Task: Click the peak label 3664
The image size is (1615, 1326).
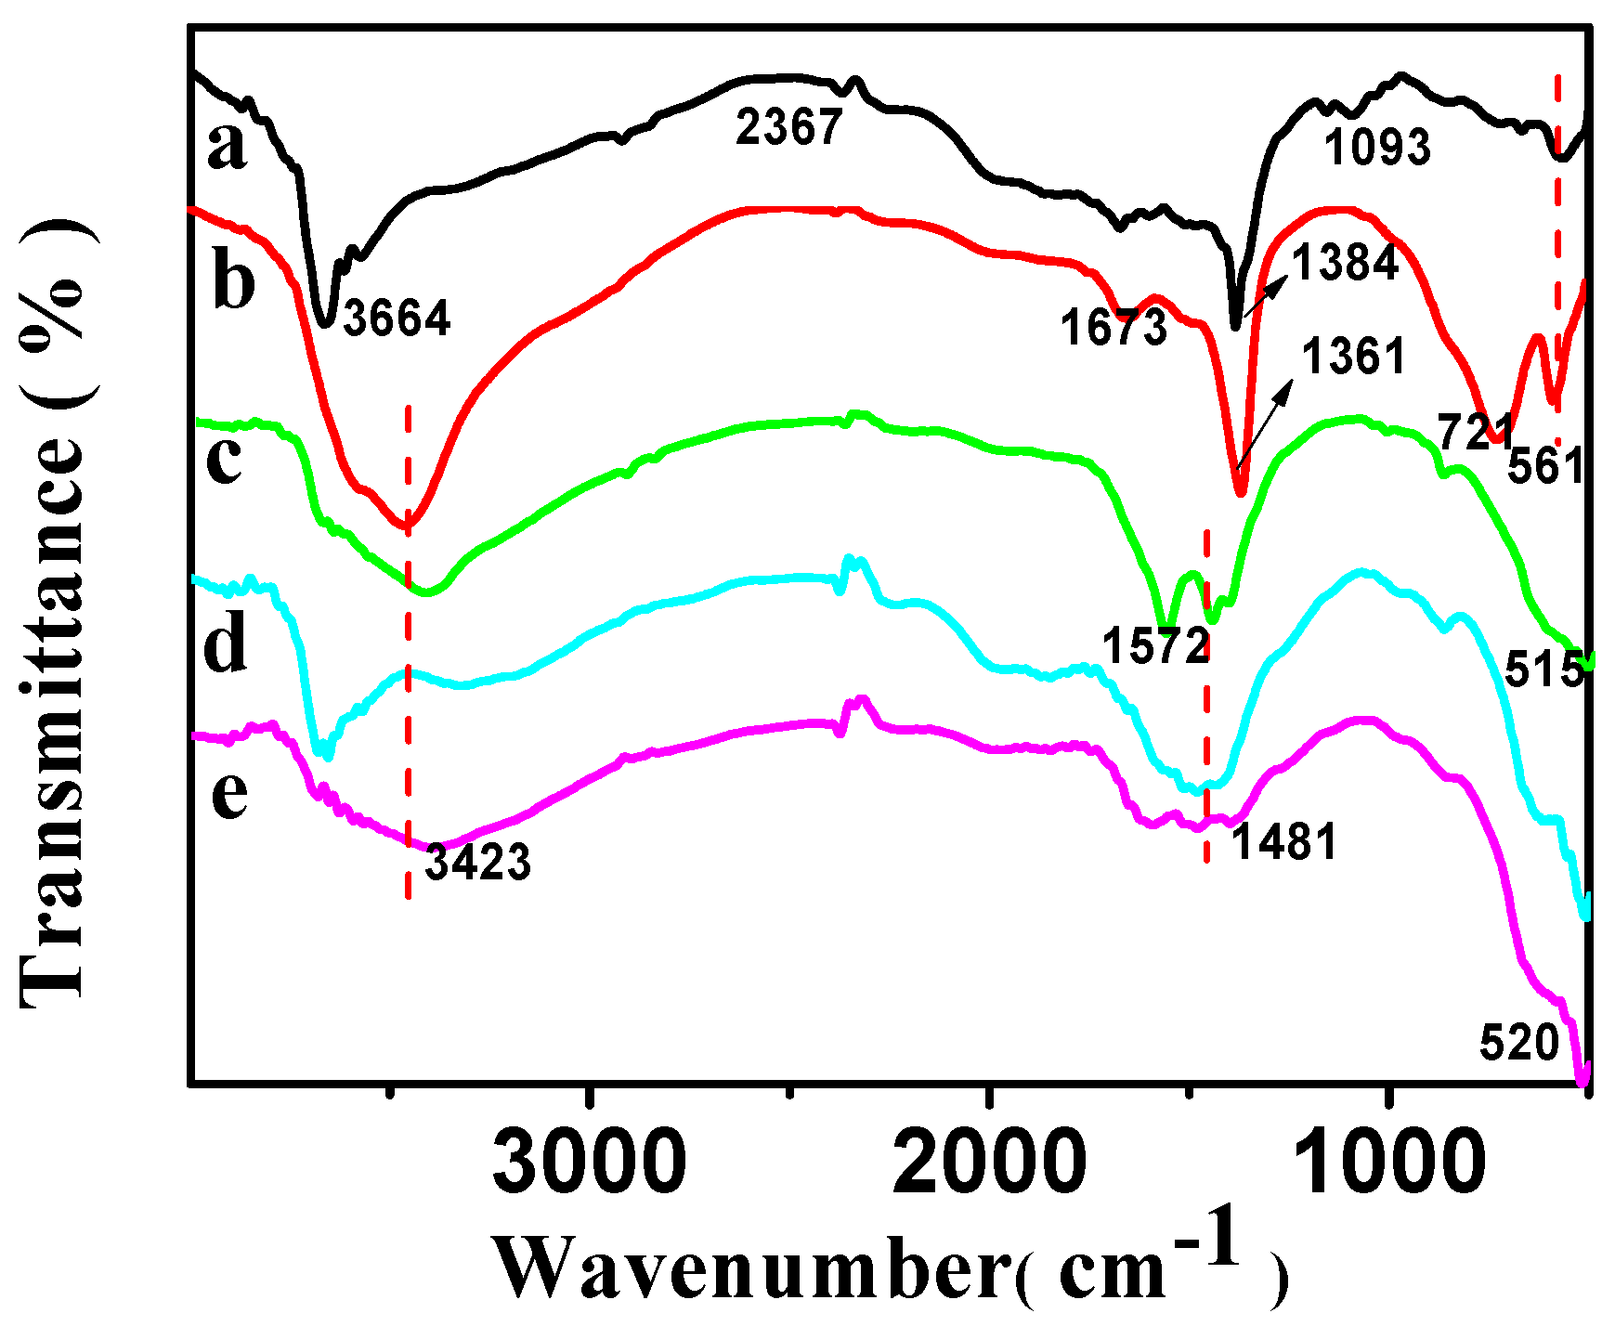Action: [397, 318]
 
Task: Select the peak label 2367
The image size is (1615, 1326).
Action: [788, 127]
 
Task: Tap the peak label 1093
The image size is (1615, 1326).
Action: [1377, 148]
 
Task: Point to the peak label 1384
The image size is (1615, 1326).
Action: [1345, 263]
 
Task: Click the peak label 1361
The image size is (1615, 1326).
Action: [1353, 357]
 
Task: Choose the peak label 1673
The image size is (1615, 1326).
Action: [1114, 328]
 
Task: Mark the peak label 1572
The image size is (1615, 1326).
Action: [1155, 645]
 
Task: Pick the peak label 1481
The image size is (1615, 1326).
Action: [1283, 842]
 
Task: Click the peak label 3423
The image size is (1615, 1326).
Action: [477, 863]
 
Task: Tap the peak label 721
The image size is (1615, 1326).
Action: [1475, 433]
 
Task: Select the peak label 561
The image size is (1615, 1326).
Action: [1544, 466]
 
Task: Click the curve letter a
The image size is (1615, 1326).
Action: [228, 146]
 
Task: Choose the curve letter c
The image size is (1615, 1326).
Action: [225, 458]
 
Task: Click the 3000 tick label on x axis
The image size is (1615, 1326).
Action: [589, 1163]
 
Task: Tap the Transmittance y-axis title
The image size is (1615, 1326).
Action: [54, 613]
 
